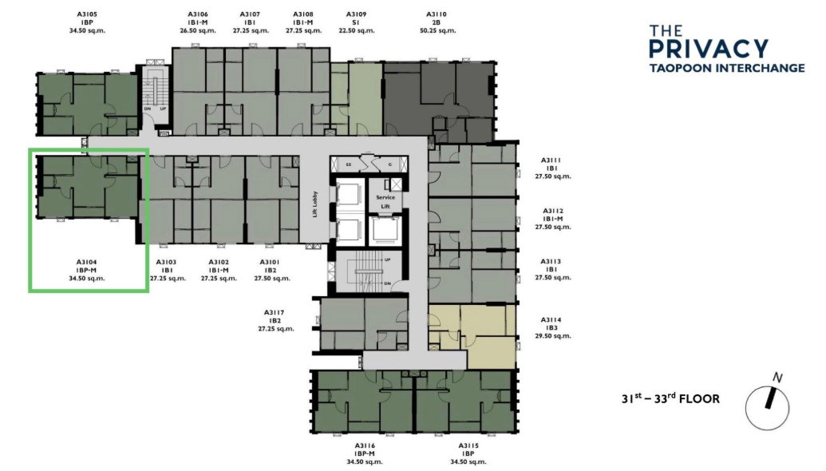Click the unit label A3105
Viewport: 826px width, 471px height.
87,14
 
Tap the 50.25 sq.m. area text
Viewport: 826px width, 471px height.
438,30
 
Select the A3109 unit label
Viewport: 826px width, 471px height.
356,14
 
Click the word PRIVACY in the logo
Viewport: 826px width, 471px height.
709,49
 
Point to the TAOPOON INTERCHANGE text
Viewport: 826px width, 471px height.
727,68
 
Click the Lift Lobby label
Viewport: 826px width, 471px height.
315,204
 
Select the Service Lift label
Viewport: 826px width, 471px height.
385,201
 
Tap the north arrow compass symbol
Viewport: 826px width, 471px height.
768,407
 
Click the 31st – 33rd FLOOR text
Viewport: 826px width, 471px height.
670,398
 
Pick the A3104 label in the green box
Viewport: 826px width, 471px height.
86,262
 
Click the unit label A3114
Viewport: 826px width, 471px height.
551,320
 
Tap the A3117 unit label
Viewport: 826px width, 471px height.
275,312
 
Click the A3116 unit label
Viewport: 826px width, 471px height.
365,445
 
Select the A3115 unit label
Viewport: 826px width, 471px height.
468,445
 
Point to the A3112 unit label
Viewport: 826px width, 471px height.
552,211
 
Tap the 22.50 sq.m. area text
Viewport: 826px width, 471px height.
356,30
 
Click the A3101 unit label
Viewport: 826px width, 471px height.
270,262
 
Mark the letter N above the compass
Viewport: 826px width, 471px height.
777,378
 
